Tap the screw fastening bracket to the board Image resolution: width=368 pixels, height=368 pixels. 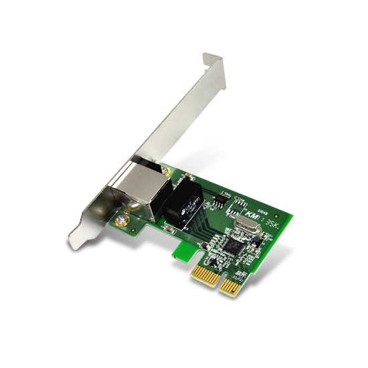122,219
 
